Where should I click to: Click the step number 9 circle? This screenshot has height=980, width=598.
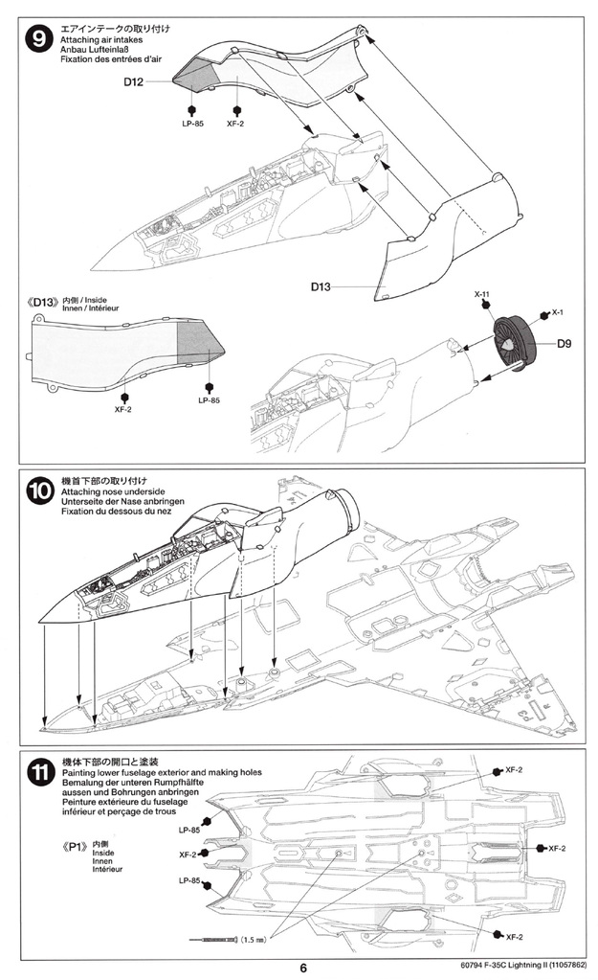click(x=39, y=40)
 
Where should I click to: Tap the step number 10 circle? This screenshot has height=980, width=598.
click(x=40, y=491)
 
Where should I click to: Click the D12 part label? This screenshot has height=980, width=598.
click(x=133, y=81)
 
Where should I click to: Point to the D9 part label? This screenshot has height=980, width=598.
click(x=564, y=343)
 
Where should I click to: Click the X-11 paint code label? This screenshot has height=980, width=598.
click(x=482, y=294)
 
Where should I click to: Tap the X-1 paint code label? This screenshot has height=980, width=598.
click(x=558, y=312)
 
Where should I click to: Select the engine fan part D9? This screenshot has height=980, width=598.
click(x=516, y=343)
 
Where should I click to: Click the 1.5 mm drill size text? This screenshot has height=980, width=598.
click(x=253, y=939)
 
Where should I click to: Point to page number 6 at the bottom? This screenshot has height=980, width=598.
click(x=303, y=968)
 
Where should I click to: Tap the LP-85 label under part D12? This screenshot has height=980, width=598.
click(x=193, y=124)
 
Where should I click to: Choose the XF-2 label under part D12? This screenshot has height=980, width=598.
click(x=235, y=124)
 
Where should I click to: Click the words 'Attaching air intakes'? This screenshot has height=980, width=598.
click(x=101, y=40)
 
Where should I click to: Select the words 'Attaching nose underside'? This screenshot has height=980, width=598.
click(x=113, y=491)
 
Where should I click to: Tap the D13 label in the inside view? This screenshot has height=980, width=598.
click(x=44, y=303)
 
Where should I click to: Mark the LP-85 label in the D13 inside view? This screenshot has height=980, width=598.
click(x=210, y=400)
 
